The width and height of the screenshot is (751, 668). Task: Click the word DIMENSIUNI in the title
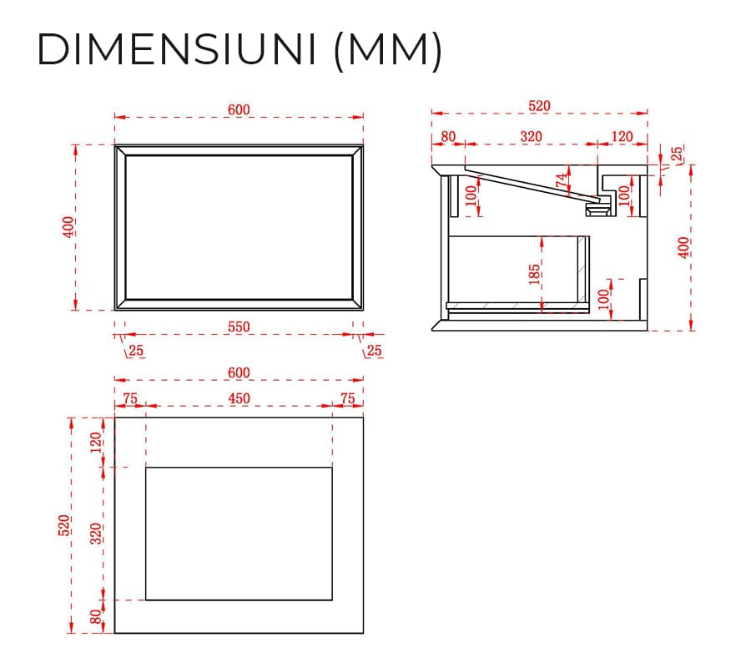tap(177, 49)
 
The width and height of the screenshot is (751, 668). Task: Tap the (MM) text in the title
tap(388, 51)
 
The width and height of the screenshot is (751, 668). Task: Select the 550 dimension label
tap(239, 326)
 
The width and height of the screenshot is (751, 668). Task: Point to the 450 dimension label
tap(239, 398)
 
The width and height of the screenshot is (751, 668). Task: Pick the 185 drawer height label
tap(535, 274)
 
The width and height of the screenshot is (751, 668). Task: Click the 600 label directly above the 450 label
tap(239, 372)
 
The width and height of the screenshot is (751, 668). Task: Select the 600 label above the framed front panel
tap(239, 109)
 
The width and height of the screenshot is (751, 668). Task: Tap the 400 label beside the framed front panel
tap(68, 227)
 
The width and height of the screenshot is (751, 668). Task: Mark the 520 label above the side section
tap(539, 105)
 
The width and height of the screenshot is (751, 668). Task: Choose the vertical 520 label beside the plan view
tap(63, 525)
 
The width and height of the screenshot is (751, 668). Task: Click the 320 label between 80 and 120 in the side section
tap(532, 137)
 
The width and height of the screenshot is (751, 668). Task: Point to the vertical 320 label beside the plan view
tap(96, 534)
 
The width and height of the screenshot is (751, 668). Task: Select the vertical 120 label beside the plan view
tap(96, 443)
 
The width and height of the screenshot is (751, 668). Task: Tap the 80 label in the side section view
tap(448, 137)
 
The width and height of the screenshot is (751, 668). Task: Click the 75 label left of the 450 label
tap(130, 398)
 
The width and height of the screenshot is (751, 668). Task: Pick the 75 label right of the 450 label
tap(348, 398)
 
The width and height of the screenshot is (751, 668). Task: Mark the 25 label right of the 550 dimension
tap(374, 351)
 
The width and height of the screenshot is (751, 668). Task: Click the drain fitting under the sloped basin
tap(598, 209)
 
